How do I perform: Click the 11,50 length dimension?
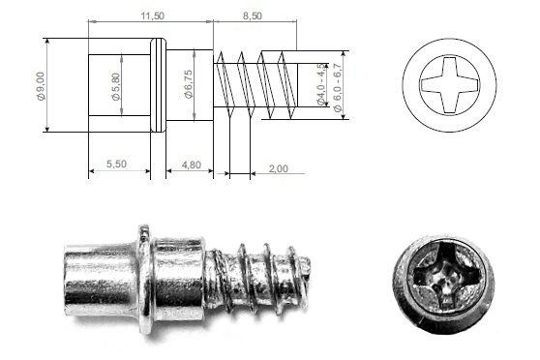[153, 15]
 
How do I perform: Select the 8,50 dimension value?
[253, 15]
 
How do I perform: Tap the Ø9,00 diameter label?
[41, 86]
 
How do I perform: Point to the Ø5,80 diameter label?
[116, 86]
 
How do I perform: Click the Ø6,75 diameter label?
[189, 84]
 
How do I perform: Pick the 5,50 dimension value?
[116, 164]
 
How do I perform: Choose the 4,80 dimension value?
[192, 165]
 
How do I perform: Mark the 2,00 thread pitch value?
[279, 168]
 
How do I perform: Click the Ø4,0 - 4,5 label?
[320, 84]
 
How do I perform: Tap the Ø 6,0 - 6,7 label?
[338, 87]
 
